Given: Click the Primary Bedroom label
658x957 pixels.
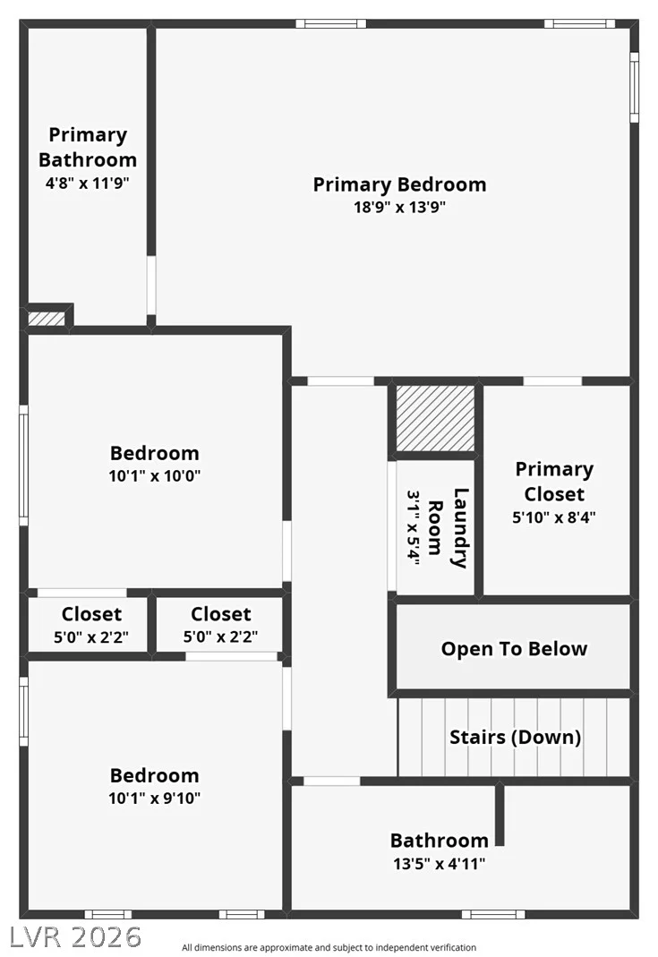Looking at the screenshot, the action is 400,184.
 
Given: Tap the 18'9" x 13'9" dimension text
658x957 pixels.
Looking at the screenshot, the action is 400,207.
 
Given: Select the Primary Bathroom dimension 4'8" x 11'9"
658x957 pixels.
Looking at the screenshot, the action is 88,183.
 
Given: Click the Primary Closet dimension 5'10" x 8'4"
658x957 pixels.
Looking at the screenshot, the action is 554,517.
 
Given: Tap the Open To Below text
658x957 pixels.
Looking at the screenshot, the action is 515,649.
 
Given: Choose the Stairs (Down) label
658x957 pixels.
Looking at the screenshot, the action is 515,737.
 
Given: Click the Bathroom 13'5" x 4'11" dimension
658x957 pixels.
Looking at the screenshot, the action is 440,864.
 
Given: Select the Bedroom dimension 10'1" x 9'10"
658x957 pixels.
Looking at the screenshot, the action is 154,798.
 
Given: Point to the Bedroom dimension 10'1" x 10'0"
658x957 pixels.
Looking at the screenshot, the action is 154,475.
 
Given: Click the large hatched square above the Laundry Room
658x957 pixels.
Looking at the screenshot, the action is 435,418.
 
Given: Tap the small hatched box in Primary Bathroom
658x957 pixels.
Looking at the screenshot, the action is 47,319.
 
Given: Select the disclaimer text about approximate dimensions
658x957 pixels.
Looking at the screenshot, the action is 329,948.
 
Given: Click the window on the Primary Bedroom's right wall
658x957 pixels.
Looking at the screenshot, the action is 634,87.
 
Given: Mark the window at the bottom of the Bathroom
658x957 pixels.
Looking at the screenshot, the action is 493,914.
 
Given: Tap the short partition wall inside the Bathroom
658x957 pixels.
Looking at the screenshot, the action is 500,816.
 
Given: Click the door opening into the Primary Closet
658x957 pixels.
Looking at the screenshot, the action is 552,381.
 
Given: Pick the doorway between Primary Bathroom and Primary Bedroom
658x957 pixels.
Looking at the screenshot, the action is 150,285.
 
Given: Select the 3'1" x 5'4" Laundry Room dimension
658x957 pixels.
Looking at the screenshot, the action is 414,528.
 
